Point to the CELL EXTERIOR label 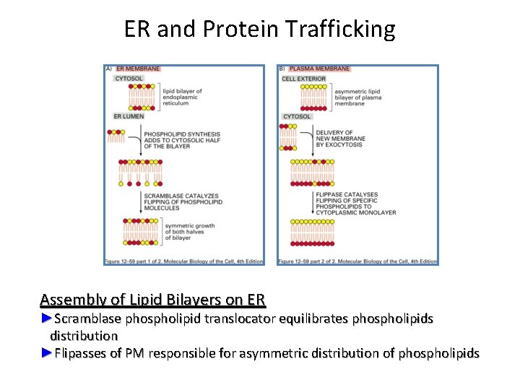click(x=303, y=78)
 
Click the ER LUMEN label click(x=129, y=116)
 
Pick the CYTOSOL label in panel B click(x=297, y=116)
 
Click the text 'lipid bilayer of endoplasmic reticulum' click(x=182, y=97)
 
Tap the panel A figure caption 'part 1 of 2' click(x=183, y=261)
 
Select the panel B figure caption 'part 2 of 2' click(x=357, y=261)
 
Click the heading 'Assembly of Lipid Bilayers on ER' click(x=153, y=300)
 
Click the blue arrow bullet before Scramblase click(x=47, y=318)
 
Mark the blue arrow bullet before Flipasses click(x=47, y=353)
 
